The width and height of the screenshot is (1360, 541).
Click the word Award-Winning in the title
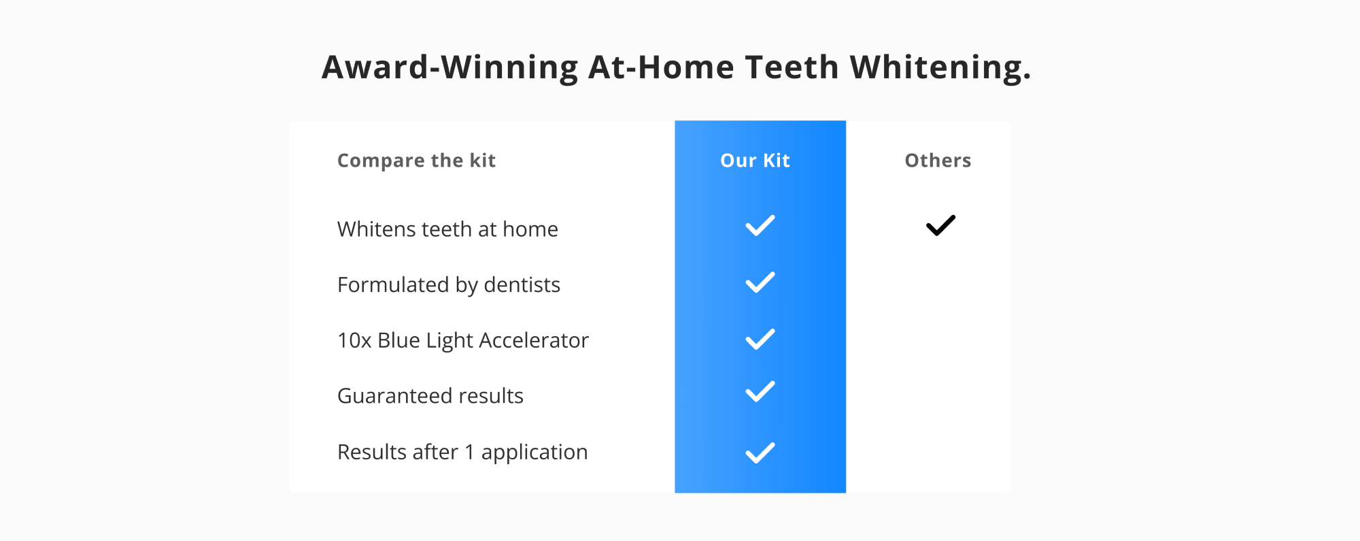(450, 67)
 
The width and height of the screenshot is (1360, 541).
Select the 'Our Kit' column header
(755, 161)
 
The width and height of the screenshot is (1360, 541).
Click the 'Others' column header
(938, 161)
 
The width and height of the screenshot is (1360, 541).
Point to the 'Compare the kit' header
(416, 161)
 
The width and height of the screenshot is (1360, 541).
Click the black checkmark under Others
(940, 225)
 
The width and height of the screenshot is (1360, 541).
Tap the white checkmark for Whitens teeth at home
(760, 225)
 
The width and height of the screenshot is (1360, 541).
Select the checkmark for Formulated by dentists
(760, 282)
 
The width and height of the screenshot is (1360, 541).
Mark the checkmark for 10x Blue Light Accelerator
(760, 339)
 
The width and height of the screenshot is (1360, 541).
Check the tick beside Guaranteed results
(760, 391)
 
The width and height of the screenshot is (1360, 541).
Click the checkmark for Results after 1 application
(760, 453)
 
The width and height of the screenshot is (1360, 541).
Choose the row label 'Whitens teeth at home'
(447, 229)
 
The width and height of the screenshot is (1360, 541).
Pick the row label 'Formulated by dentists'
(449, 285)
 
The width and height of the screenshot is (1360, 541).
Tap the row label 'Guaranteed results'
(430, 396)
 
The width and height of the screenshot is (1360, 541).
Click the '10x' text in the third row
(354, 340)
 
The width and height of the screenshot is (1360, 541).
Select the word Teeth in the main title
(792, 67)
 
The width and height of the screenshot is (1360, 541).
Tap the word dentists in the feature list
(522, 285)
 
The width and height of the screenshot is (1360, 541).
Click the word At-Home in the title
(662, 67)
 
